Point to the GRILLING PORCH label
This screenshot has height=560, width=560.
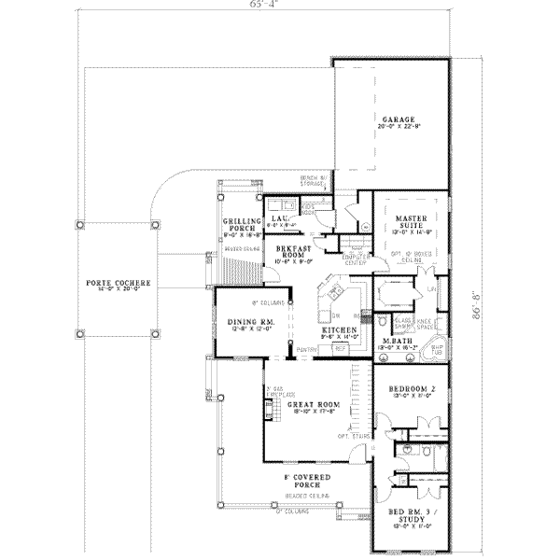239,227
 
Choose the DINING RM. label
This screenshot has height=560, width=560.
246,323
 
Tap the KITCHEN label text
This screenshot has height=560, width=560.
336,329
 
